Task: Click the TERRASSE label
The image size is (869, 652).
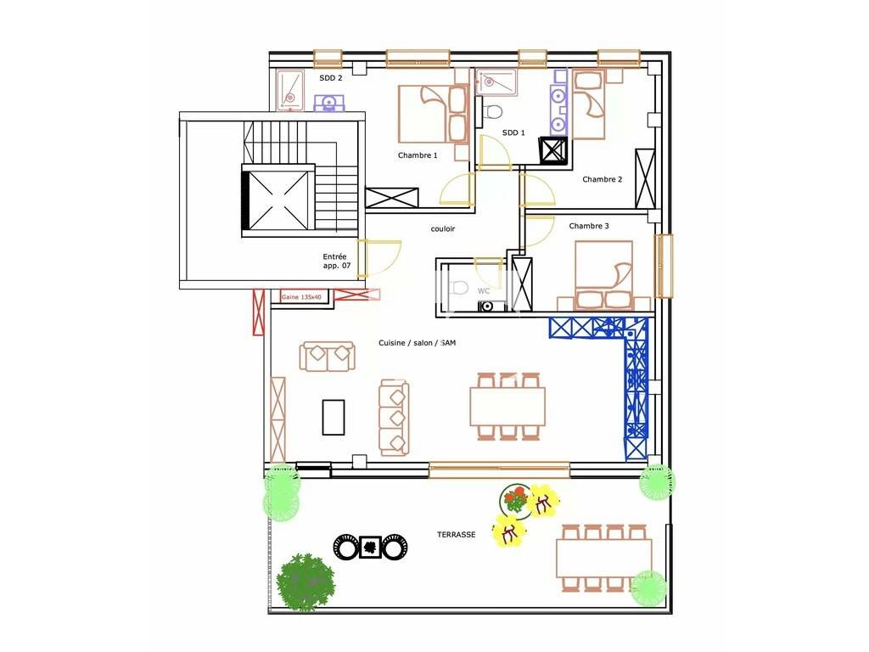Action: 456,535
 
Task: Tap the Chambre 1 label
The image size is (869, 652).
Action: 418,155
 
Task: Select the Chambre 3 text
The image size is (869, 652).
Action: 589,226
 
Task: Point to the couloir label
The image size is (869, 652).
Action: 442,228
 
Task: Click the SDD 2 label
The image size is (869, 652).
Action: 330,78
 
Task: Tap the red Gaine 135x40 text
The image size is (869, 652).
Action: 301,297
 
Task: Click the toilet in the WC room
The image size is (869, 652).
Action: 460,288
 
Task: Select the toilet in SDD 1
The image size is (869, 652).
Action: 491,111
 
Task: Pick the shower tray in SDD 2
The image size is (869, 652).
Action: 290,89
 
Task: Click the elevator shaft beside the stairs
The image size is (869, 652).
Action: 278,200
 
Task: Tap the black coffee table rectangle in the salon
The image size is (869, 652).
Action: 333,417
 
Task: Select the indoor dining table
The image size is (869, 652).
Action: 507,407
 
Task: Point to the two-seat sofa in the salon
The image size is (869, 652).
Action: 327,356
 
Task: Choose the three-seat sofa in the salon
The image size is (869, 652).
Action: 394,418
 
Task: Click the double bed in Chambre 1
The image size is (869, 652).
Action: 434,115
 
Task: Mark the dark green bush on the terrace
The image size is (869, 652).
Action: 306,582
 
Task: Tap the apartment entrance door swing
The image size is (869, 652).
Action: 378,258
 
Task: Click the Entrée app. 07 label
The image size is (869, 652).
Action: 336,261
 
